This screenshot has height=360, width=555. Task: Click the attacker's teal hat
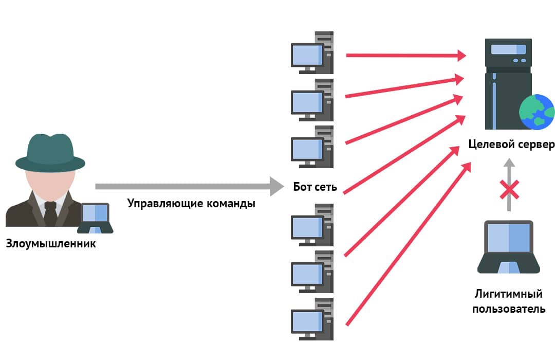coord(50,152)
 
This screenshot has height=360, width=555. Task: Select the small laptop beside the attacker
coord(95,218)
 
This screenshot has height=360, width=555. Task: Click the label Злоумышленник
coord(51,243)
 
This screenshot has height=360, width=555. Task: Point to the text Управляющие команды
coord(191,203)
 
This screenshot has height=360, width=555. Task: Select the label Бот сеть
coord(315,187)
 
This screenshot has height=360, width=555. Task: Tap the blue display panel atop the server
coord(508,49)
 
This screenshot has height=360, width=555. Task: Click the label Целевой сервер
coord(511,144)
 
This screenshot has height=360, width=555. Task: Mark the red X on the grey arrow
coord(509,190)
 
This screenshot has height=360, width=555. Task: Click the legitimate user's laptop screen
coord(508,238)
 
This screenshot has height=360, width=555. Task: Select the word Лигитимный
coord(508,295)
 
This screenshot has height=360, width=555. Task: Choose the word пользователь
coord(508,309)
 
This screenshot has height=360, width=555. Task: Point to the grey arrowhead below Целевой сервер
coord(509,163)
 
